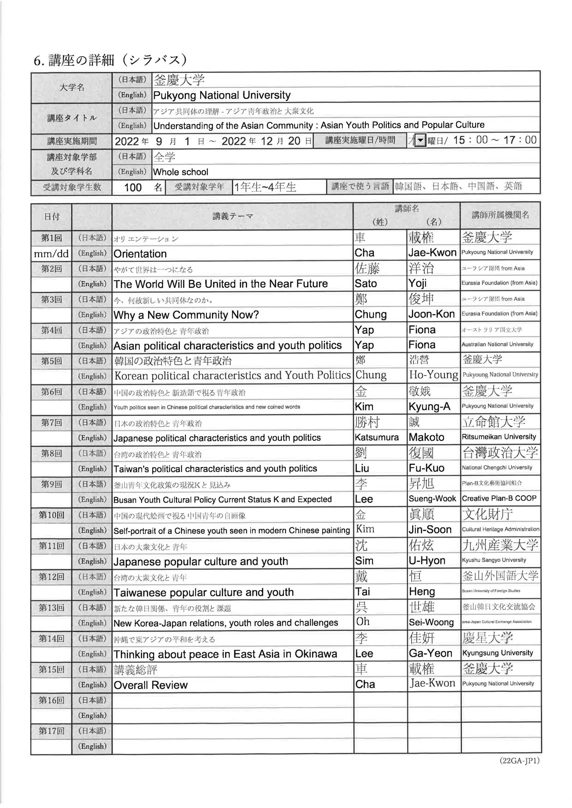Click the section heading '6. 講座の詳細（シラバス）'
coord(110,61)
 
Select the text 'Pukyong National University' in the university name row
coord(222,95)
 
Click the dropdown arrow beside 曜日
coord(420,141)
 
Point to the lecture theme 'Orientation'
coord(140,254)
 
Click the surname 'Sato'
coord(366,284)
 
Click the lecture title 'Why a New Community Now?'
coord(186,315)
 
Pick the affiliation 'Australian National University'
coord(497,345)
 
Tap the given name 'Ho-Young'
coord(433,375)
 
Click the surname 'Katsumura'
coord(376,437)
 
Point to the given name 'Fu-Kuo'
coord(426,468)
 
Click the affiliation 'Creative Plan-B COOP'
coord(499,499)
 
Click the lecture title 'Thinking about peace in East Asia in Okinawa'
coord(225,654)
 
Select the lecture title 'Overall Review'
coord(150,685)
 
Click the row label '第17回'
coord(51,731)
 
